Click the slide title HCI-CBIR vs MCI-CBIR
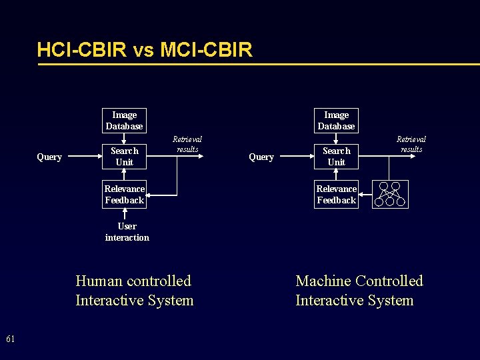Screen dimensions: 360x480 145,50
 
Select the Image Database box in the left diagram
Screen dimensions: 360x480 124,121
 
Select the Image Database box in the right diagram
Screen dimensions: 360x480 336,121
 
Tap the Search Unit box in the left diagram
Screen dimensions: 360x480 124,157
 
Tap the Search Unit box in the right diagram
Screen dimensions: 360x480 336,157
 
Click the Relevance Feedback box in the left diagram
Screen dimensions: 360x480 124,195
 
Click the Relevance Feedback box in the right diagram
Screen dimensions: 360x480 336,195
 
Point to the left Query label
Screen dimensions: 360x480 49,157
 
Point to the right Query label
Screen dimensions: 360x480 261,157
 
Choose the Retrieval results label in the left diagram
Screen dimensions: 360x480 187,144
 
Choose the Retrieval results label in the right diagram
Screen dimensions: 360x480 411,144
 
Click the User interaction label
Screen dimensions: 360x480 127,232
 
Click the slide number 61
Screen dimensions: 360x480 11,339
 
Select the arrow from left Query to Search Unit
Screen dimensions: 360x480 85,157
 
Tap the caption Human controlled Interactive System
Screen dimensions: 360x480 134,291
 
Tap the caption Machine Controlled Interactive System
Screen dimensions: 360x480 359,291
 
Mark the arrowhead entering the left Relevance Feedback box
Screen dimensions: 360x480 150,195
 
